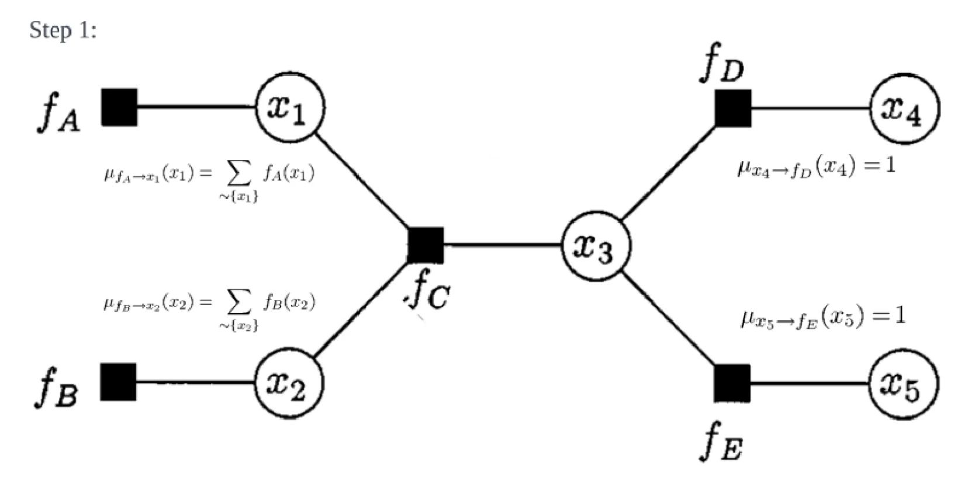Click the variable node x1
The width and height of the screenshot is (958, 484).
point(289,108)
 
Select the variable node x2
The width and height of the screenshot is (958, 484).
point(288,384)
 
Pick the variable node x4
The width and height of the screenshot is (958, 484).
point(904,109)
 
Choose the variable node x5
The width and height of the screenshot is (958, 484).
point(903,384)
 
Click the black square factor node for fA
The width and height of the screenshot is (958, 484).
point(119,107)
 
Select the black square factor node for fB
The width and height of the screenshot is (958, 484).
point(119,382)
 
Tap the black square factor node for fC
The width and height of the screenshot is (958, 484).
point(426,245)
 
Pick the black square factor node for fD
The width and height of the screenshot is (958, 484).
point(733,109)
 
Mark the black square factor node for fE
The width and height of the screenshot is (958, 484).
point(732,384)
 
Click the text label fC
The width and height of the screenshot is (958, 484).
point(428,294)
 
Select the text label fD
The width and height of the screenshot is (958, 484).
point(722,66)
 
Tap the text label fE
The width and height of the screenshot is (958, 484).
point(722,445)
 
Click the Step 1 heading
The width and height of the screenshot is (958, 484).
point(63,30)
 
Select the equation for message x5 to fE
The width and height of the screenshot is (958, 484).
point(823,318)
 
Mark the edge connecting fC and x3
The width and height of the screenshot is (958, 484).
point(503,245)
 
